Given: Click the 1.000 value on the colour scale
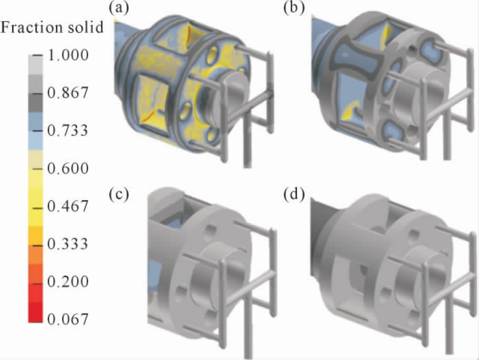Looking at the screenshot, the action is pyautogui.click(x=68, y=55).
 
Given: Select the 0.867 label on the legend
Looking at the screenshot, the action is pyautogui.click(x=68, y=92).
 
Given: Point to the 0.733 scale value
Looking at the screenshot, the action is pyautogui.click(x=68, y=130).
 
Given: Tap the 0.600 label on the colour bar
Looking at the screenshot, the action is pyautogui.click(x=68, y=168).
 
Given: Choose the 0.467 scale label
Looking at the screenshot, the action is pyautogui.click(x=68, y=206).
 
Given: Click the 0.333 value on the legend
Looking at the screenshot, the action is pyautogui.click(x=68, y=244).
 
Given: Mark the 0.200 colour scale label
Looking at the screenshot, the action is pyautogui.click(x=68, y=281).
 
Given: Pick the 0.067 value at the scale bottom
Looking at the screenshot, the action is pyautogui.click(x=68, y=319).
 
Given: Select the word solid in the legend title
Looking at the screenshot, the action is pyautogui.click(x=87, y=27).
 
